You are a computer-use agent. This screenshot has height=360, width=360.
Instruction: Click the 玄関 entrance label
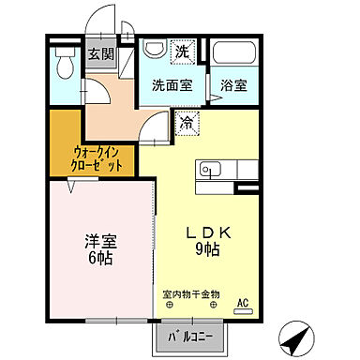100,53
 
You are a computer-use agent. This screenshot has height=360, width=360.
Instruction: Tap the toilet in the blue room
66,65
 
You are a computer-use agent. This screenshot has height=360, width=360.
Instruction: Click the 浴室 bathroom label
234,85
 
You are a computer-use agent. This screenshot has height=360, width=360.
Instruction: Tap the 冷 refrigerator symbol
187,122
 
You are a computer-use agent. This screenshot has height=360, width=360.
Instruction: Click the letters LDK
214,232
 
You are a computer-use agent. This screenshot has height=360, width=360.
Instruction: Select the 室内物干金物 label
191,292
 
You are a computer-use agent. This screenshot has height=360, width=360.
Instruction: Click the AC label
242,303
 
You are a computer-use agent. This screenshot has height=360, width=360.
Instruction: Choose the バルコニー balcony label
189,334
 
